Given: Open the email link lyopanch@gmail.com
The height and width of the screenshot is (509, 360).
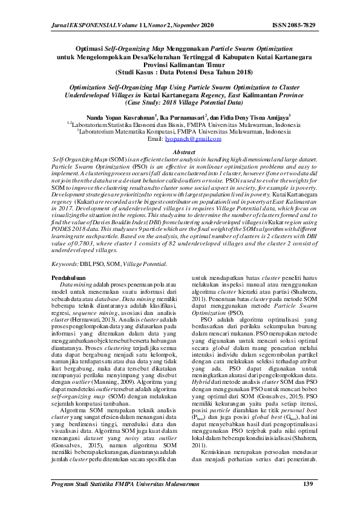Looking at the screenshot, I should pos(193,138).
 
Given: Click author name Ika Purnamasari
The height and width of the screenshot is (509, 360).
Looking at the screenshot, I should pos(182,117).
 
